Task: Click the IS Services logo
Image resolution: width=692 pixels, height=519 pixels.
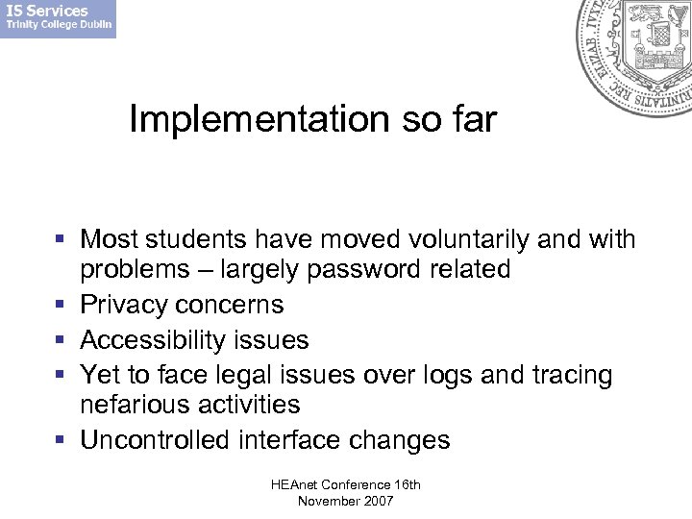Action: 58,18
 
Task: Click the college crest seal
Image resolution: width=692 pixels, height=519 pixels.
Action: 635,53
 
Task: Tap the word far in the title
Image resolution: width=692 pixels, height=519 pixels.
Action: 475,120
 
